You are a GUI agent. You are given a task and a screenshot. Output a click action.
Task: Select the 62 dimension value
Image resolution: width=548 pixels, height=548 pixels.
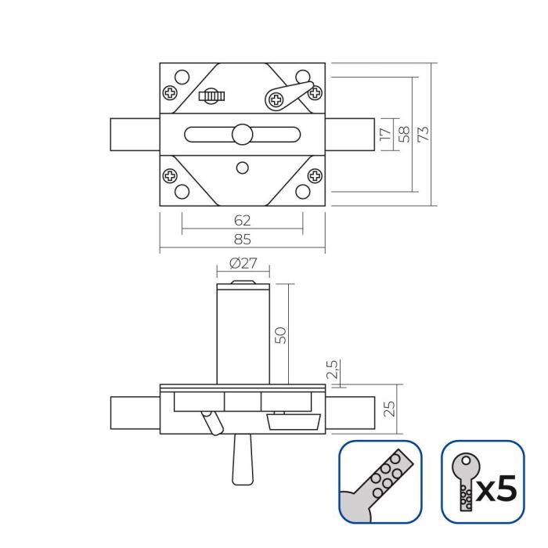(x=242, y=220)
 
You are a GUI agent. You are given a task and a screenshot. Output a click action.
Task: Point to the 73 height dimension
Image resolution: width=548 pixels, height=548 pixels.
(x=424, y=135)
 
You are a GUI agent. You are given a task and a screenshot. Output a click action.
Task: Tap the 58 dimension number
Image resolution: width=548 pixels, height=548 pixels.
(x=404, y=135)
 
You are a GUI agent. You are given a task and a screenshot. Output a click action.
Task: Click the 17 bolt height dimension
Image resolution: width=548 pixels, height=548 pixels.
(x=384, y=135)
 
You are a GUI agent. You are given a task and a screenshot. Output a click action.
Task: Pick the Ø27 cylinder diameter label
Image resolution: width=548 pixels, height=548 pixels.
(x=243, y=264)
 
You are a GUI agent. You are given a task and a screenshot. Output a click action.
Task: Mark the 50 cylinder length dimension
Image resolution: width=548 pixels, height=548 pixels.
(x=281, y=334)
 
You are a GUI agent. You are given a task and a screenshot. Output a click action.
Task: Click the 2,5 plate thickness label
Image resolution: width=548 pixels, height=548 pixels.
(x=332, y=371)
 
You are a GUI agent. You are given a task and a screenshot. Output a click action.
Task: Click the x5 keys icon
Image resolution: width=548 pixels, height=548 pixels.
(x=482, y=481)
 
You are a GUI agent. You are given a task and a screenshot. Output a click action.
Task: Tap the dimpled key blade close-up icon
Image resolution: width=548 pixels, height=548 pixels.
(x=380, y=481)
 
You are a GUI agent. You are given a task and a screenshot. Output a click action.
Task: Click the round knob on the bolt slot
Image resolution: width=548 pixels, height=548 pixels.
(x=242, y=134)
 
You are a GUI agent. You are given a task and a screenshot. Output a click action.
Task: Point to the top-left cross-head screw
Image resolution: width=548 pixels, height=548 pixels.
(x=170, y=93)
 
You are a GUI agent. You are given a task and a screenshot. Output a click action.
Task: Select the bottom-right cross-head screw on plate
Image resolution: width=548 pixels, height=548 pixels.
(x=315, y=175)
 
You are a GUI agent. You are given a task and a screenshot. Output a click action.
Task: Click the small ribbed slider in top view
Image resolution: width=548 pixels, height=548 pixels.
(x=212, y=96)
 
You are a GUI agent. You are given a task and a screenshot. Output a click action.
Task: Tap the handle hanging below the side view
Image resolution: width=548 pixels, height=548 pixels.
(x=241, y=461)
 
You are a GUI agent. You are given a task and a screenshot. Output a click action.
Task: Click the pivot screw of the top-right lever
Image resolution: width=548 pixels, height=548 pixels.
(x=276, y=99)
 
